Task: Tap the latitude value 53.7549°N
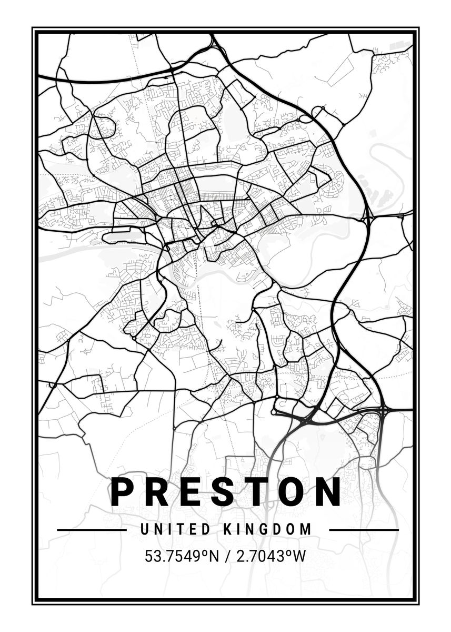click(x=181, y=556)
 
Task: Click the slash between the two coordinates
click(x=227, y=556)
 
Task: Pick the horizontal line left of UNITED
click(x=92, y=529)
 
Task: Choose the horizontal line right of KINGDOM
click(x=364, y=529)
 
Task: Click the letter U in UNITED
click(x=144, y=529)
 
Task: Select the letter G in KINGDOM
click(x=267, y=529)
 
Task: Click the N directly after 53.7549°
click(x=214, y=556)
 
